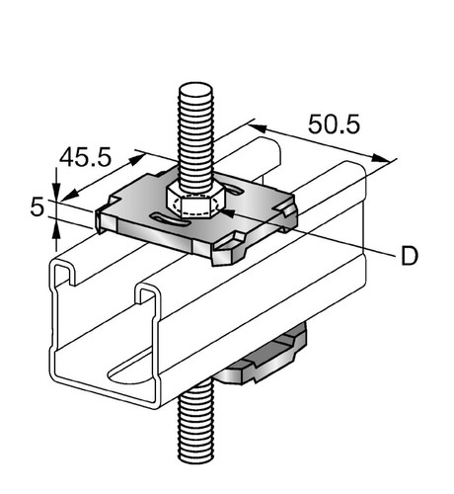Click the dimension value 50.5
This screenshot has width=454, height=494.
334,124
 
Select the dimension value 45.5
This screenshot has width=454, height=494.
86,157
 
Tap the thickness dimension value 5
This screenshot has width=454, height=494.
37,207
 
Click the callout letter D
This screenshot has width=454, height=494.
410,256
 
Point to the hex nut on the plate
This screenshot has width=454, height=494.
195,202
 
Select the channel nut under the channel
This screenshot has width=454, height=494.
264,358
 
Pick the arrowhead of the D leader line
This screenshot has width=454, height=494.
228,213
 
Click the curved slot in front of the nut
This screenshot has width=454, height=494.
170,219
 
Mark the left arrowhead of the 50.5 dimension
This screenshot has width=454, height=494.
258,127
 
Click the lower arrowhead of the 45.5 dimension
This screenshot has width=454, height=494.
70,195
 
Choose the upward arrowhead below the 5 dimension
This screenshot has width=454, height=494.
56,228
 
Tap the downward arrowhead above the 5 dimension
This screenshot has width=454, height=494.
56,191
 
